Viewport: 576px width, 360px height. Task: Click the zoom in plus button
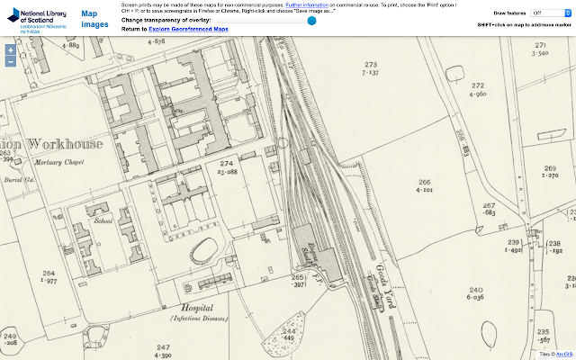[10, 49]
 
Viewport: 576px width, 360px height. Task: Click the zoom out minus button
[10, 62]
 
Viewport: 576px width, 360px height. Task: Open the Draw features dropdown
[547, 13]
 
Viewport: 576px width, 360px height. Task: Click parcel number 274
[227, 163]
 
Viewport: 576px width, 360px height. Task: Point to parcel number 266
[424, 183]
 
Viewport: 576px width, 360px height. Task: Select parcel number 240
[475, 291]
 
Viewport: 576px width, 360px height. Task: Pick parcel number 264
[49, 274]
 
